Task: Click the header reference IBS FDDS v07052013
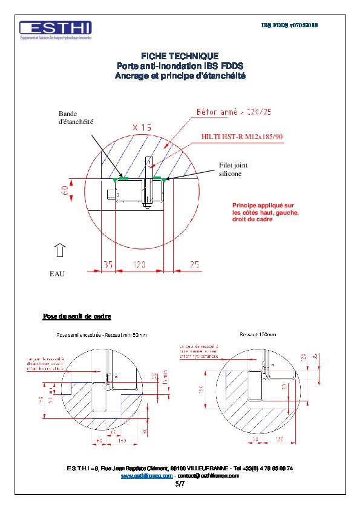click(289, 25)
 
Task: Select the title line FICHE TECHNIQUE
click(180, 55)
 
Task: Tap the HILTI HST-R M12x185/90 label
click(242, 137)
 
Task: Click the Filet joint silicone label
click(233, 169)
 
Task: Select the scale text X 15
click(142, 128)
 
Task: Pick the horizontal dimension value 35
click(107, 264)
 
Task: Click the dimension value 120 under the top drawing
click(139, 264)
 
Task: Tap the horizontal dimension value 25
click(194, 264)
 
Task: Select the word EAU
click(56, 274)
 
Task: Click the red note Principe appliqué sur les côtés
click(263, 212)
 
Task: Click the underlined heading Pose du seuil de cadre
click(76, 316)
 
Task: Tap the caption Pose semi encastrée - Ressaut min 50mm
click(101, 334)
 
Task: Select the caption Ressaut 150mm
click(258, 334)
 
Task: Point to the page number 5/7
click(180, 484)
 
